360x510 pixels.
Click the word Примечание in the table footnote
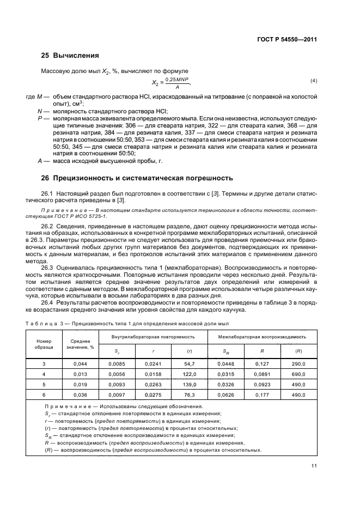(x=66, y=406)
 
